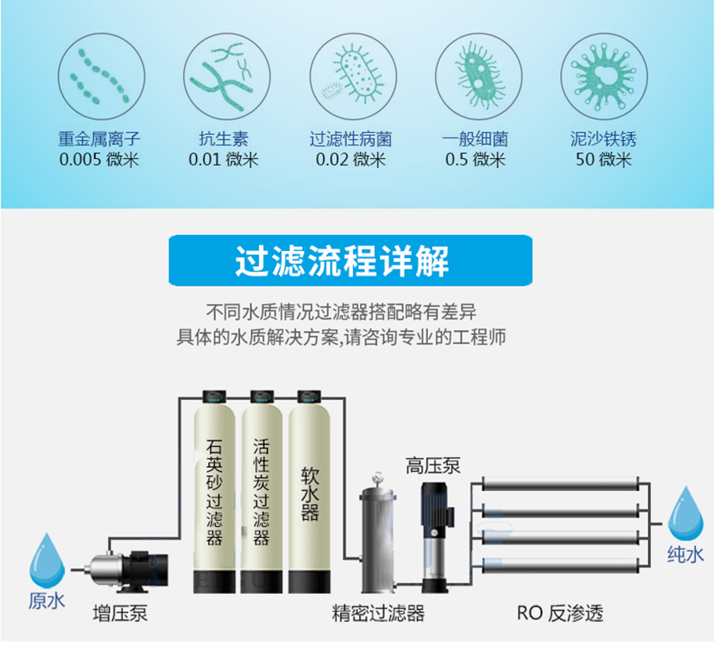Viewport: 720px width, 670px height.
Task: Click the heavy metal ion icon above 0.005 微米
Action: (x=102, y=76)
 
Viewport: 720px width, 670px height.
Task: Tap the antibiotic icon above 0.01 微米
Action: (x=227, y=76)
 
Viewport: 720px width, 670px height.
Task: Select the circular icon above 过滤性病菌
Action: (x=353, y=76)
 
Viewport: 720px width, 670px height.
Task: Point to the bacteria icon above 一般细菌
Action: (x=478, y=76)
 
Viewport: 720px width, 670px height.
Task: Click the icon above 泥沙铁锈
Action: (x=604, y=76)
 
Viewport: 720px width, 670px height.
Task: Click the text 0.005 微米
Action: (x=99, y=160)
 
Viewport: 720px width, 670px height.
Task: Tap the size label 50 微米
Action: (x=604, y=160)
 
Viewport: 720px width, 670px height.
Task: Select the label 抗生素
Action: (x=224, y=138)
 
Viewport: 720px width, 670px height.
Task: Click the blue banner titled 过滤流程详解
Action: (x=350, y=260)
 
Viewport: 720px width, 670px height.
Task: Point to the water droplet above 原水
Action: (x=47, y=560)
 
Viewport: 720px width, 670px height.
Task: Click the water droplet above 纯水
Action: (x=686, y=514)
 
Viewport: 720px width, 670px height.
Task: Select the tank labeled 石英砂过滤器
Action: (x=214, y=492)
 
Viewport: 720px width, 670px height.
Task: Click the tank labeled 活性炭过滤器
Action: (x=262, y=492)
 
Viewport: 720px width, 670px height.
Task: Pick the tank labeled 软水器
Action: (x=310, y=492)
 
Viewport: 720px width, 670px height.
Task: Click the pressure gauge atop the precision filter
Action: (x=378, y=478)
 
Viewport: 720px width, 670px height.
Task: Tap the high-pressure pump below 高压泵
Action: (x=435, y=537)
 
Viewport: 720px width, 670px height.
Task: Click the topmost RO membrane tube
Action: (x=560, y=484)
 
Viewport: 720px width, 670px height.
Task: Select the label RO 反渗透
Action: (x=560, y=613)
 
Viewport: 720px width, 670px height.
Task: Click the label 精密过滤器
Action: (x=378, y=613)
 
